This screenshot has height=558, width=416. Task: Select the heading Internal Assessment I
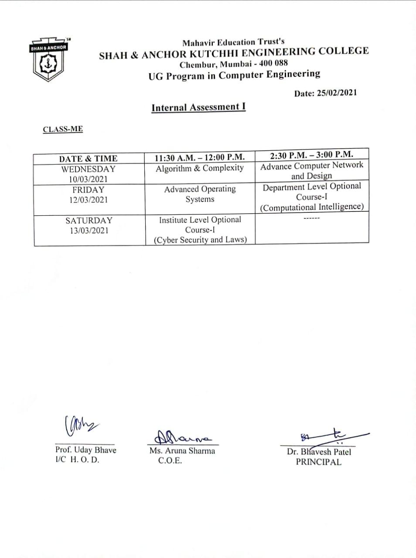(x=198, y=107)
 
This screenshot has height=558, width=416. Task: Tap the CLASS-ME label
(x=63, y=129)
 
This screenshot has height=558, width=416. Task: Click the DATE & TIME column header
(x=88, y=159)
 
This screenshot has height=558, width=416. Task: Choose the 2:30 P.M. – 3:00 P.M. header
(x=311, y=155)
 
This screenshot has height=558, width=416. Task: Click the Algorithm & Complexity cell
(x=200, y=168)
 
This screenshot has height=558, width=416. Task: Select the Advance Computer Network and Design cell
(x=311, y=170)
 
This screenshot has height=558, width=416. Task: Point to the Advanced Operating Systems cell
(x=200, y=194)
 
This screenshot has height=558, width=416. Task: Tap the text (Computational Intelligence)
(x=311, y=207)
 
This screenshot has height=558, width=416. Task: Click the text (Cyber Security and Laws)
(x=200, y=240)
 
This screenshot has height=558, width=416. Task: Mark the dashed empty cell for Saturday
(x=311, y=218)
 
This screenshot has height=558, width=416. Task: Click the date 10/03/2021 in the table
(x=88, y=179)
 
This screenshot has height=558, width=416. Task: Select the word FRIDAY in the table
(x=88, y=190)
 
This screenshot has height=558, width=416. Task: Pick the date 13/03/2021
(x=89, y=231)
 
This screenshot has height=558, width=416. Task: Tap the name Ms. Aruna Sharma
(x=182, y=451)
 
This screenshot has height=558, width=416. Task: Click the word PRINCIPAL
(x=318, y=462)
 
